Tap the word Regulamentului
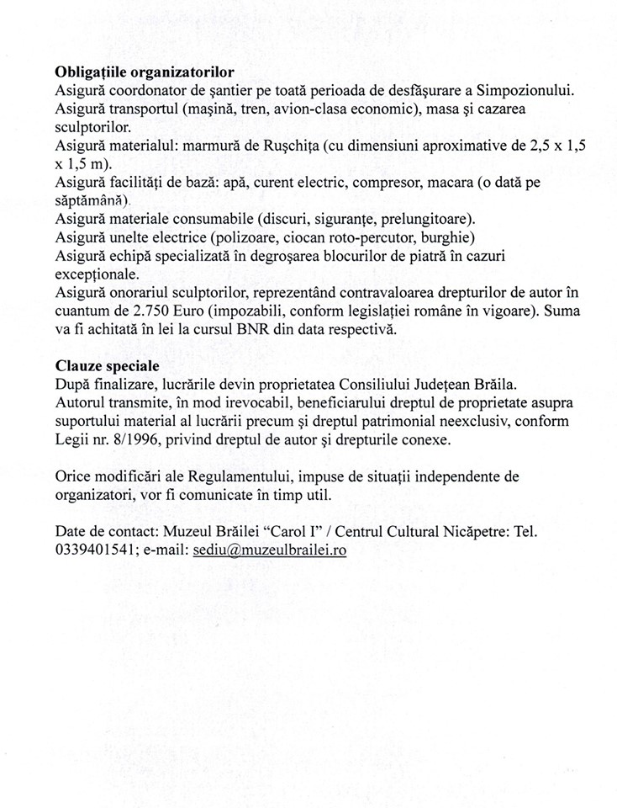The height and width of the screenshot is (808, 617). click(x=238, y=476)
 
